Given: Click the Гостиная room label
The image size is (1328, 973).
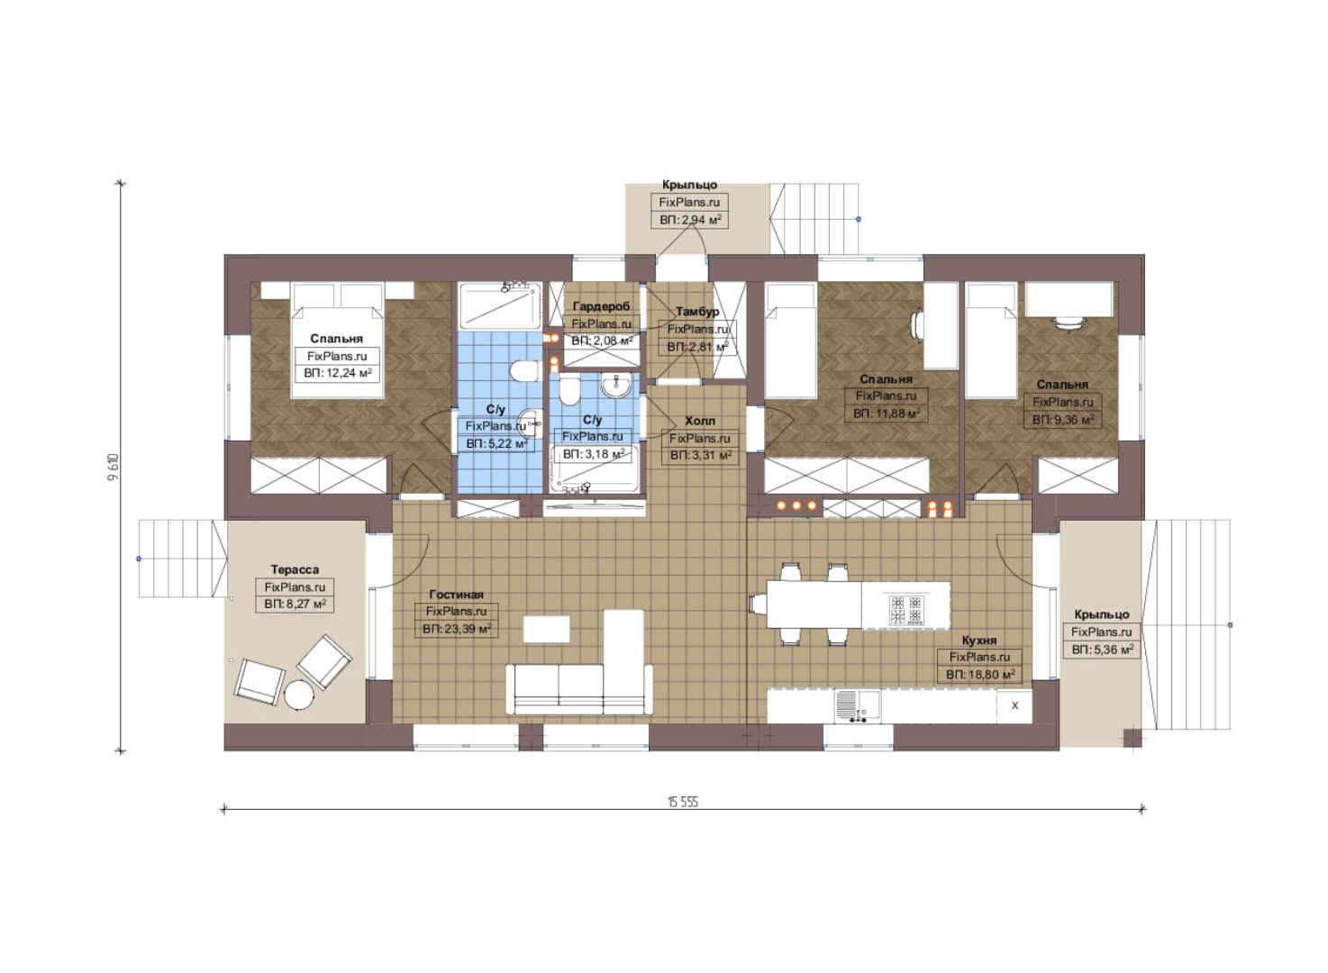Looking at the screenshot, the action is pos(456,594).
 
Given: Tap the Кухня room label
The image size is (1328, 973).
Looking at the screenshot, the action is pos(978,641).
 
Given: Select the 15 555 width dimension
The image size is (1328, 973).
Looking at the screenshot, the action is pos(683,802).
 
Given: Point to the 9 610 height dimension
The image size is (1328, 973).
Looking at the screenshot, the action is pos(114,468).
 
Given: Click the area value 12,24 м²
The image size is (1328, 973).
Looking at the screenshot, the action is pos(337,374).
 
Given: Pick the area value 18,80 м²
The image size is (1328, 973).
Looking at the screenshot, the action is pos(980,674).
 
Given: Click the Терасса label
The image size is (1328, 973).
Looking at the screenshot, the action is pos(295,569).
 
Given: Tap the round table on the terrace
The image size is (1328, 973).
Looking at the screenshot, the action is pos(297,695).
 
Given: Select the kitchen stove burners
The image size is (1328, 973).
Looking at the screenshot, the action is pos(905,611).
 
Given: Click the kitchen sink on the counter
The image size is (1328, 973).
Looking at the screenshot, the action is pos(857,706).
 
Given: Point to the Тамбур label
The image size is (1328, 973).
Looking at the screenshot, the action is pos(697,312).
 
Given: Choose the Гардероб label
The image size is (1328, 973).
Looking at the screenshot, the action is pos(601,306).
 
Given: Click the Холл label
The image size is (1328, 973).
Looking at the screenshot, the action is pos(700,421).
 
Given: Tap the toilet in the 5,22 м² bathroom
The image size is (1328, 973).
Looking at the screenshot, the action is pos(523,371).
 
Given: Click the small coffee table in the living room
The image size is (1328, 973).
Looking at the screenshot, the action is pos(546,629).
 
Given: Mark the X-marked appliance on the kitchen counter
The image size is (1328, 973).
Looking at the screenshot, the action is pos(1014,706).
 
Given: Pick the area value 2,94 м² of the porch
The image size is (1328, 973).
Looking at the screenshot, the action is pos(690,220).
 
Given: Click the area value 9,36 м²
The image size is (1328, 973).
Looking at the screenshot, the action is pos(1063,419).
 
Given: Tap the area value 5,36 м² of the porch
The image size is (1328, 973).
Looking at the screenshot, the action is pos(1102,650).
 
